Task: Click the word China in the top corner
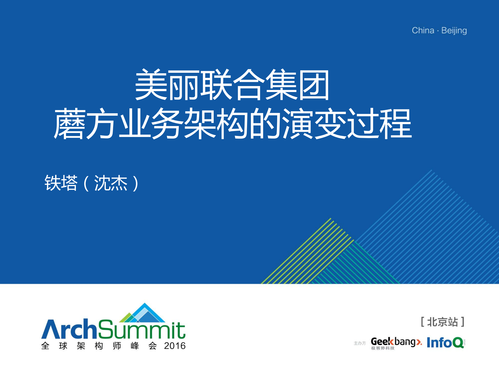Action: [x=423, y=30]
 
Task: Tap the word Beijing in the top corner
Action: [x=454, y=31]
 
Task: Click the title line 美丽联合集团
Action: [x=232, y=85]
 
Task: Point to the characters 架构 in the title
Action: [x=216, y=124]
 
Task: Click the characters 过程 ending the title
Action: [x=380, y=124]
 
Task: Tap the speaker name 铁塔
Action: [x=61, y=183]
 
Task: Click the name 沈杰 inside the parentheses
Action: [x=111, y=183]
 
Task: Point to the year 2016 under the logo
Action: [x=175, y=346]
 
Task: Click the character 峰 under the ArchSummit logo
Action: [x=135, y=346]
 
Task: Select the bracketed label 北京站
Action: [x=442, y=322]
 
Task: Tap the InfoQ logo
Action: [x=445, y=343]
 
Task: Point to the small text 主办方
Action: [x=360, y=343]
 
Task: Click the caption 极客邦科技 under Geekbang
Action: [x=383, y=348]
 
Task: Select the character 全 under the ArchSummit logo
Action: [x=45, y=346]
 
